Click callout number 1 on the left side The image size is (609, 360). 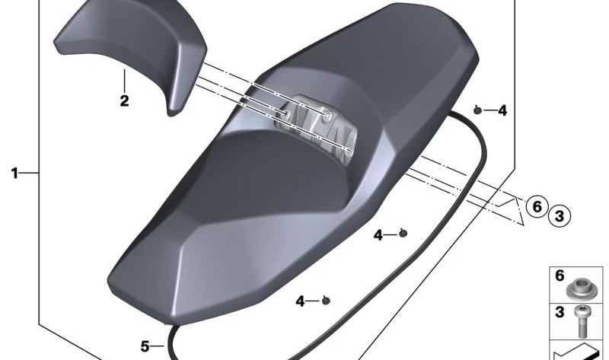tap(14, 174)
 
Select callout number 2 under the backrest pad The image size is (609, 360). tap(124, 100)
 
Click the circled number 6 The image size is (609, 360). tap(537, 206)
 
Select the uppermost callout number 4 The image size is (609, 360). tap(502, 111)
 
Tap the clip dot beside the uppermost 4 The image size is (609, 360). tap(477, 110)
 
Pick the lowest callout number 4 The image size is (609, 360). tap(301, 302)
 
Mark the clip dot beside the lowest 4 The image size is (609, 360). tap(326, 301)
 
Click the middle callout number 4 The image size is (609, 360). tap(378, 236)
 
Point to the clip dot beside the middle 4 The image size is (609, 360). tap(403, 233)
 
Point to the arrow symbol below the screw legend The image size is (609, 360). tap(579, 352)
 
